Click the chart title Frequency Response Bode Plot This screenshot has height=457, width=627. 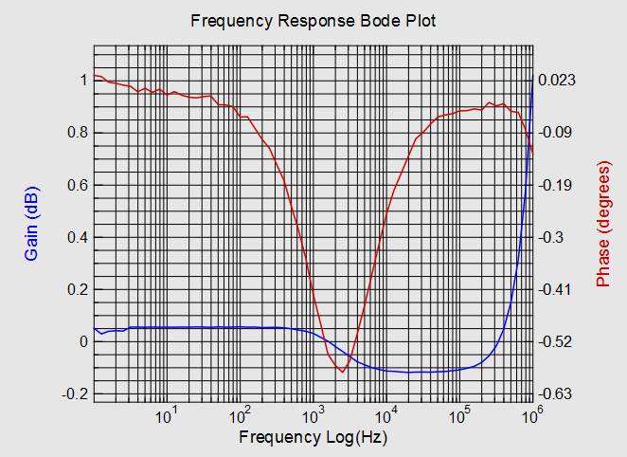point(313,20)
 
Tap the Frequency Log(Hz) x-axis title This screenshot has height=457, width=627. point(313,438)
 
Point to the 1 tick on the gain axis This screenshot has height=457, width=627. point(84,80)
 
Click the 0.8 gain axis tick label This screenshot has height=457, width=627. point(77,132)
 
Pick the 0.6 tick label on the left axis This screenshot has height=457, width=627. point(77,184)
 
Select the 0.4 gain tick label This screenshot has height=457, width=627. point(77,236)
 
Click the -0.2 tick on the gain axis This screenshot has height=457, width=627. point(75,393)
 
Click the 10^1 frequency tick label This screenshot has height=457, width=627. point(167,415)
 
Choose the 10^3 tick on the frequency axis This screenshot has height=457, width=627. point(313,415)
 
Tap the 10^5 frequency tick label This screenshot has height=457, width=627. point(460,415)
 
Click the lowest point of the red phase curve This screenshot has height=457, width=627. point(342,372)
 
